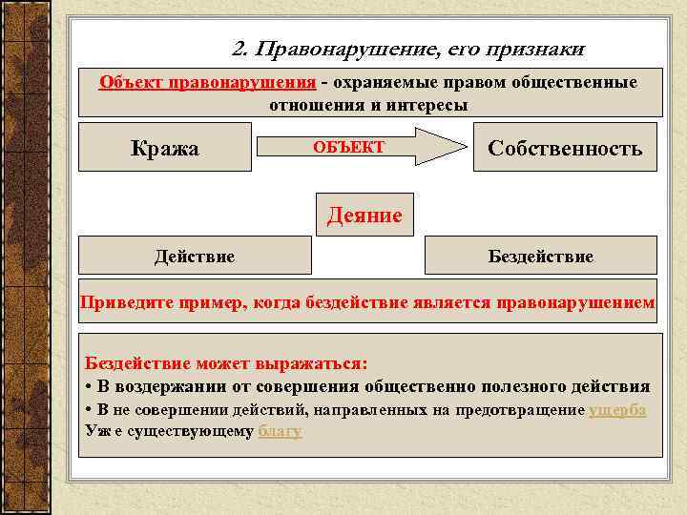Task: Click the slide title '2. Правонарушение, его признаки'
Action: coord(408,49)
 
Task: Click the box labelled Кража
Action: coord(164,148)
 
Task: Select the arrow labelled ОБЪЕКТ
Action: coord(358,147)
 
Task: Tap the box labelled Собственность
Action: coord(565,148)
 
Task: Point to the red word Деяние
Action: coord(364,216)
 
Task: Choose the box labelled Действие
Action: coord(195,256)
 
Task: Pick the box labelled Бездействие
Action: coord(540,256)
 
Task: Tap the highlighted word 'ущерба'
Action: coord(617,409)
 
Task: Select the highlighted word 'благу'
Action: coord(280,430)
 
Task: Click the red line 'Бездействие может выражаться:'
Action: coord(226,363)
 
